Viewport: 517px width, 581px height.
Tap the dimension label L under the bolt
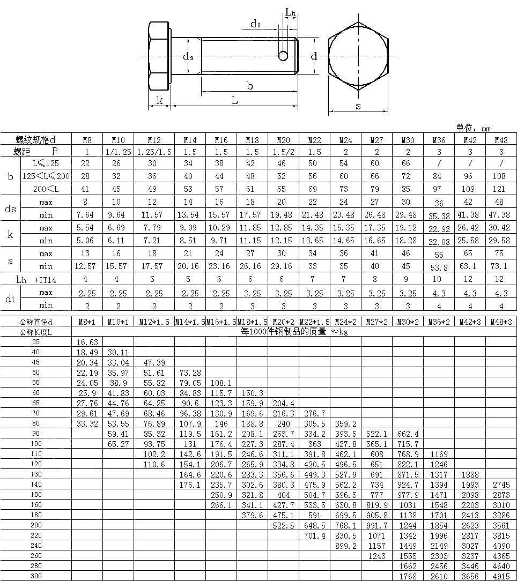(234, 100)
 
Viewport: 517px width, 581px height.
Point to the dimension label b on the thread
(249, 85)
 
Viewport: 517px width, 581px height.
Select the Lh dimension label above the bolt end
(290, 12)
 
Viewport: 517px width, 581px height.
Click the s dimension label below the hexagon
(358, 106)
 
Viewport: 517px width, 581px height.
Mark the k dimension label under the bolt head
(159, 100)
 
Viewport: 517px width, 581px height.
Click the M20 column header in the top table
(283, 140)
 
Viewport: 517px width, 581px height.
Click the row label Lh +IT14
(36, 279)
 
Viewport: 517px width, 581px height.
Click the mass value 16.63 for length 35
(87, 342)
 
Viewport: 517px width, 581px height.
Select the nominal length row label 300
(36, 576)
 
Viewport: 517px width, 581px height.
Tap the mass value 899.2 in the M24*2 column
(345, 546)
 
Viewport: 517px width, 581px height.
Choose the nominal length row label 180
(36, 515)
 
